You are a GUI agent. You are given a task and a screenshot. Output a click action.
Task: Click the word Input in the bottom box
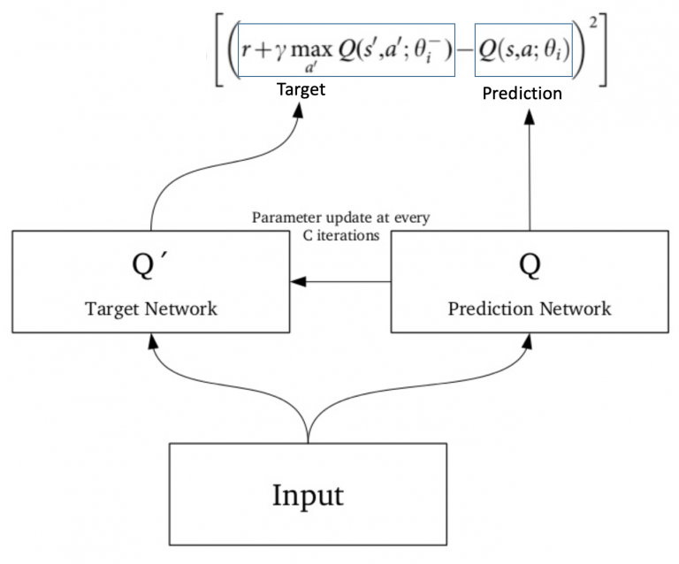tap(307, 493)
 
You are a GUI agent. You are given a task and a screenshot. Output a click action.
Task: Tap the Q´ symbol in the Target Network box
tap(153, 267)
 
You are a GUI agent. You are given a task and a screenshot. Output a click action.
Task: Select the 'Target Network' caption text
tap(152, 309)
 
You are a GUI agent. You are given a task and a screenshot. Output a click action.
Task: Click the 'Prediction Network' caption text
tap(529, 309)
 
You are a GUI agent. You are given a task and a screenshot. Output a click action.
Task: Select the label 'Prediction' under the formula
tap(522, 93)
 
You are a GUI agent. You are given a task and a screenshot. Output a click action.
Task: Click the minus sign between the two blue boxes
tap(463, 59)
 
